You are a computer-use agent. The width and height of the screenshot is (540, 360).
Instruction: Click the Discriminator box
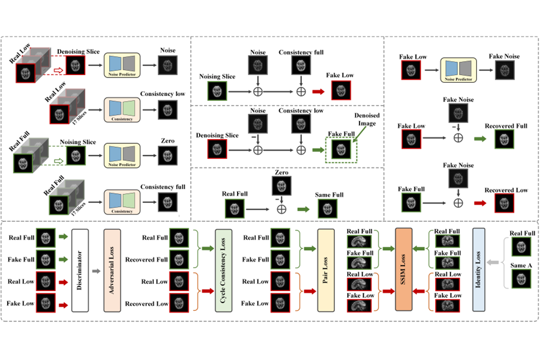pyautogui.click(x=80, y=270)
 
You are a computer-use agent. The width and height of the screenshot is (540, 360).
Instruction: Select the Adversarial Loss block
pyautogui.click(x=113, y=270)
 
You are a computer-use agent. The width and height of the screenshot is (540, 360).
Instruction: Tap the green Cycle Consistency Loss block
pyautogui.click(x=224, y=270)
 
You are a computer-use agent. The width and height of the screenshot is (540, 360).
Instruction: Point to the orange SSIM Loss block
pyautogui.click(x=404, y=270)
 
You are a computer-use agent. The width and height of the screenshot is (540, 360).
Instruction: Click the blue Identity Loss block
pyautogui.click(x=479, y=270)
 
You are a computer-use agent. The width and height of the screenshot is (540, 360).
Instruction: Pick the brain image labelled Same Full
pyautogui.click(x=327, y=209)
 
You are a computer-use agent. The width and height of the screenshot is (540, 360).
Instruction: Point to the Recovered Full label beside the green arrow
pyautogui.click(x=507, y=126)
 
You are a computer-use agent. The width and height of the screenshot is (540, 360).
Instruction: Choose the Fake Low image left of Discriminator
pyautogui.click(x=46, y=304)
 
